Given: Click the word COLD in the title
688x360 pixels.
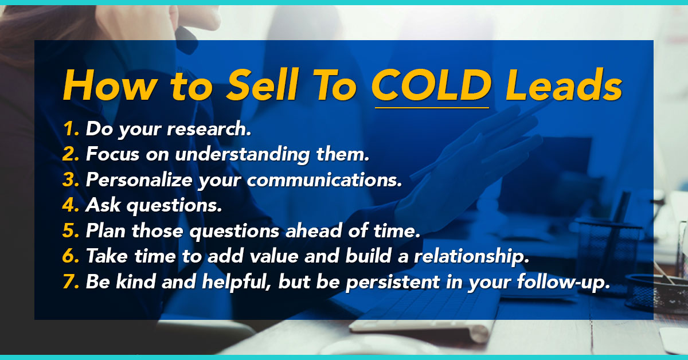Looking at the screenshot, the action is pos(432,85).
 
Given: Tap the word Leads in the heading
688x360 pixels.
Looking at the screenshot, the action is pos(564,85).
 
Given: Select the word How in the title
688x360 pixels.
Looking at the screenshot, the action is pos(110,85).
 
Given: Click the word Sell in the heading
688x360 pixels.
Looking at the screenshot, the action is pos(263,85).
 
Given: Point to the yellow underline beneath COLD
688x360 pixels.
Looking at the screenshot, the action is pos(432,108).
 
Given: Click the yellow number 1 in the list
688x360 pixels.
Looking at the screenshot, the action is pos(71,128).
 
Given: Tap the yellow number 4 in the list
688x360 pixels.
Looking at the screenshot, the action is pos(71,205).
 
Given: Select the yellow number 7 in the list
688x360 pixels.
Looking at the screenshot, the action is pos(71,281).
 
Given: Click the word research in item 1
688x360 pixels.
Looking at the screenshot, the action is pos(209,129).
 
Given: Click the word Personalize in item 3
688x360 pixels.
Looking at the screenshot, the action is pos(139,179).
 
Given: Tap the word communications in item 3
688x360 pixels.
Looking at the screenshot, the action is pos(325,179).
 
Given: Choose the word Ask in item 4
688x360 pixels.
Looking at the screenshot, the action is pos(103,205).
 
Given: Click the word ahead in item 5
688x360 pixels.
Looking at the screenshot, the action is pos(314,230).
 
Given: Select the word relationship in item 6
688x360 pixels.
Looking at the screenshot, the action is pos(471,256).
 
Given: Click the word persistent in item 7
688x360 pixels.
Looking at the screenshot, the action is pos(393,282).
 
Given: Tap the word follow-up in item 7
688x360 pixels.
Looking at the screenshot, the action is pos(563,282).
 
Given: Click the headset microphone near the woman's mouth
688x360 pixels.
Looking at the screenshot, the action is pos(186,40).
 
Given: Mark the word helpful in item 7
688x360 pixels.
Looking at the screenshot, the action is pos(236,281).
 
